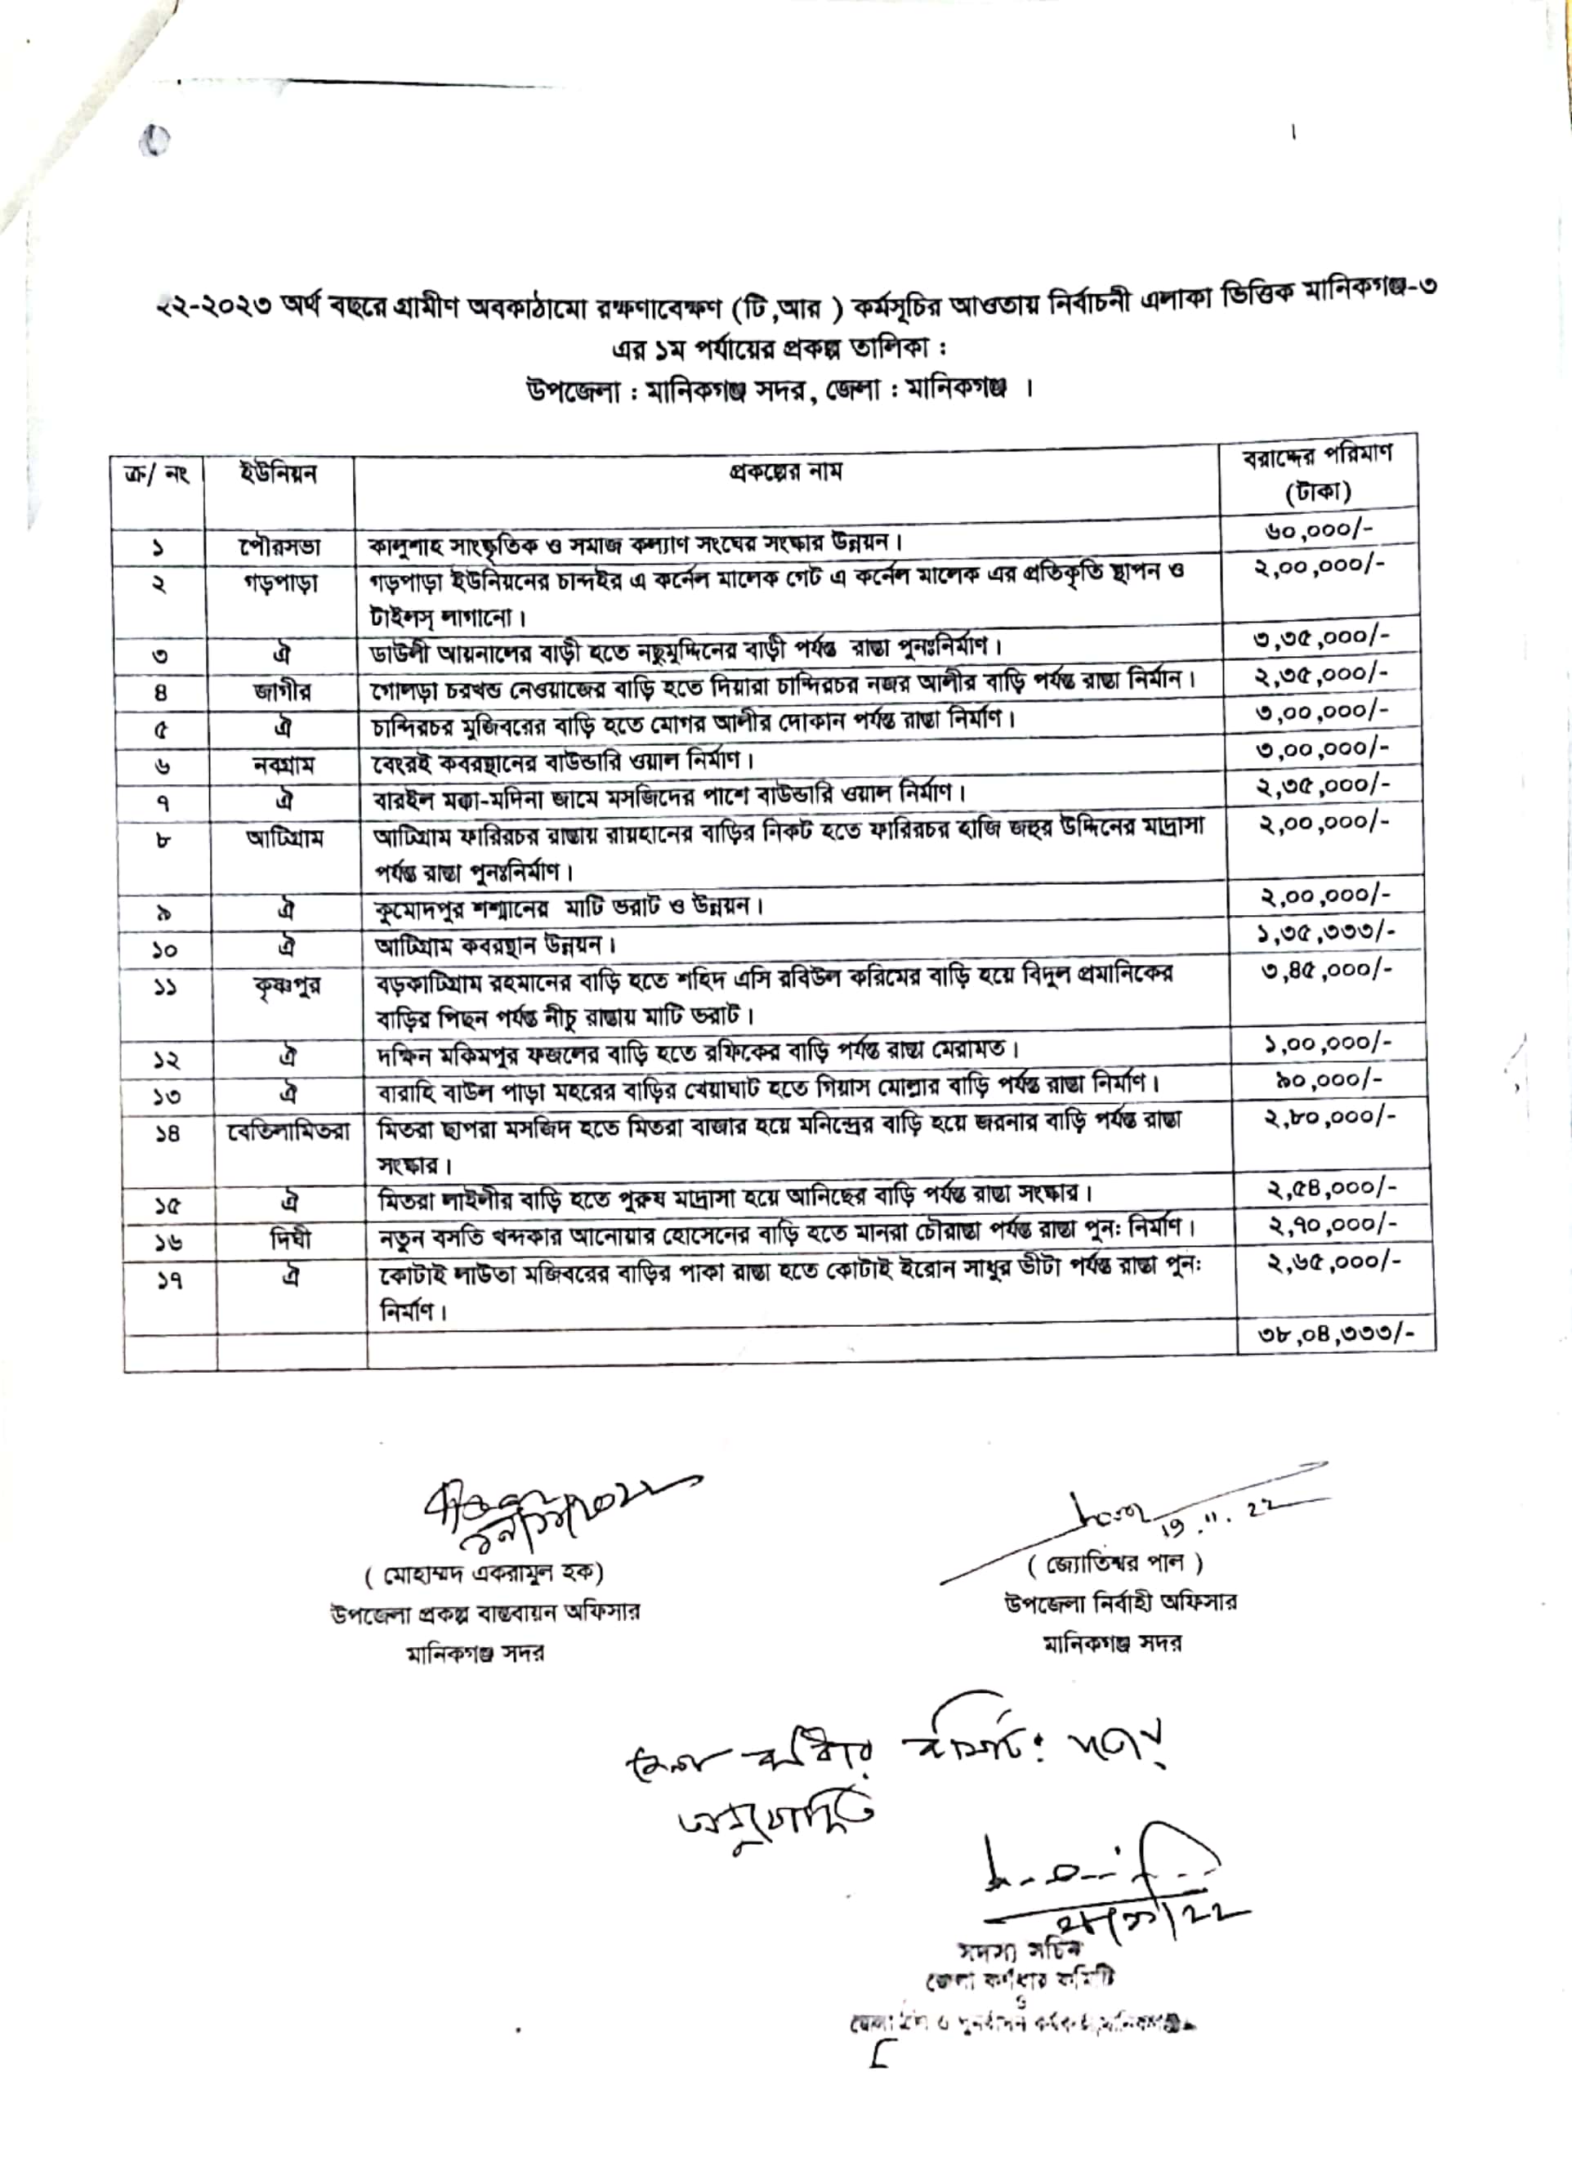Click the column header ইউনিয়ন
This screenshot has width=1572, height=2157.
click(279, 475)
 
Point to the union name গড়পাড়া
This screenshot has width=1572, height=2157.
click(279, 583)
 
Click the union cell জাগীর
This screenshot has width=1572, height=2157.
click(282, 692)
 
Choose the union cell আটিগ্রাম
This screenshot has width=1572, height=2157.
click(284, 838)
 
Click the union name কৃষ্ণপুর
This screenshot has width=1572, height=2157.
click(288, 985)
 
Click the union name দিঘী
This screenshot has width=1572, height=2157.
click(290, 1239)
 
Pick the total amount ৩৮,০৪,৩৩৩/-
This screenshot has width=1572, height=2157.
click(1336, 1334)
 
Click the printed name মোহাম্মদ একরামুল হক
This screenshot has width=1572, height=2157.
click(485, 1574)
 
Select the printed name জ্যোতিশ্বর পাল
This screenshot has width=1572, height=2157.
click(1115, 1563)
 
